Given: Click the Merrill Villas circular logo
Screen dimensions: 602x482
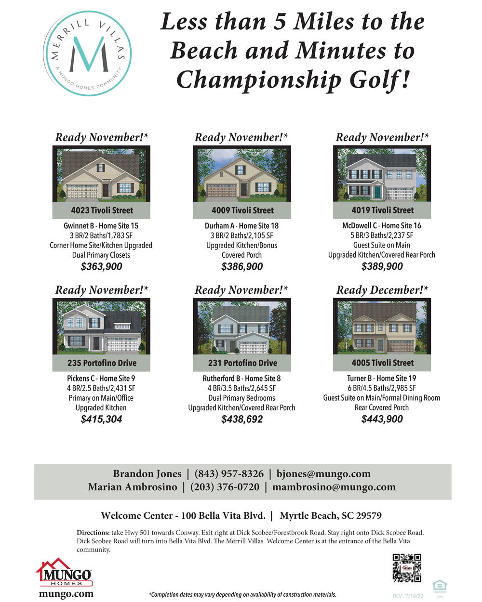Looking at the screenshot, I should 87,54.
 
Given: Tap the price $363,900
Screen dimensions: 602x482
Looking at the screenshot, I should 101,267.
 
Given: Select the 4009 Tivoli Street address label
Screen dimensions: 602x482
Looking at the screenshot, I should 242,210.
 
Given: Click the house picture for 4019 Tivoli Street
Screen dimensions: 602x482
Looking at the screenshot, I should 382,174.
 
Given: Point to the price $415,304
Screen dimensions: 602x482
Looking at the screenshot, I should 101,419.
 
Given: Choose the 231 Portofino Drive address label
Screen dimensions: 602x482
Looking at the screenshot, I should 242,363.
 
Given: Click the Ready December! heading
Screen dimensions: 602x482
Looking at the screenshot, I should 382,290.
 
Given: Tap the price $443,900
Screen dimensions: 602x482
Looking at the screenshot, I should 382,419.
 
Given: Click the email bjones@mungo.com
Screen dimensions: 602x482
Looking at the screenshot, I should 323,474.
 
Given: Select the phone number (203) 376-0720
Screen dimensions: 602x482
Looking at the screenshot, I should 225,487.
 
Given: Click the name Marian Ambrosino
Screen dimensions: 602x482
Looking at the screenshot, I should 133,487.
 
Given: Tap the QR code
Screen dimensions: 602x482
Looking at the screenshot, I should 407,568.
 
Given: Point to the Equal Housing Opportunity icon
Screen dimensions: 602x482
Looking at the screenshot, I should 440,586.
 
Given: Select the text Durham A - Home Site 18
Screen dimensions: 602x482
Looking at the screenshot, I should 241,225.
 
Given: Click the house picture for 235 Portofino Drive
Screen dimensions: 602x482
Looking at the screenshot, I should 101,327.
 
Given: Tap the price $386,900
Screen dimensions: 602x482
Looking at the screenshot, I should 242,267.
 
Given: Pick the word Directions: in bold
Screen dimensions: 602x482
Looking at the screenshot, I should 93,533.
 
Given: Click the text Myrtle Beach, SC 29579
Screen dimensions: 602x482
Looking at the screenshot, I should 331,516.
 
